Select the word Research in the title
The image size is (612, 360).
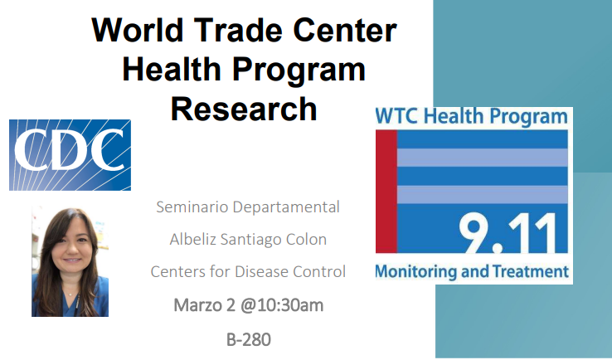[244, 109]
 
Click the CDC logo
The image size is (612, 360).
[70, 155]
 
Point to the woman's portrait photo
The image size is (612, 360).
[70, 261]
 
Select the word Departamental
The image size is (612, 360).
[286, 207]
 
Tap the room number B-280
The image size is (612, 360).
[249, 340]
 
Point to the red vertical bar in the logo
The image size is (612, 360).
[386, 192]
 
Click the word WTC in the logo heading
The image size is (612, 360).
[397, 116]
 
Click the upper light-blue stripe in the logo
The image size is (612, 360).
[483, 158]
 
